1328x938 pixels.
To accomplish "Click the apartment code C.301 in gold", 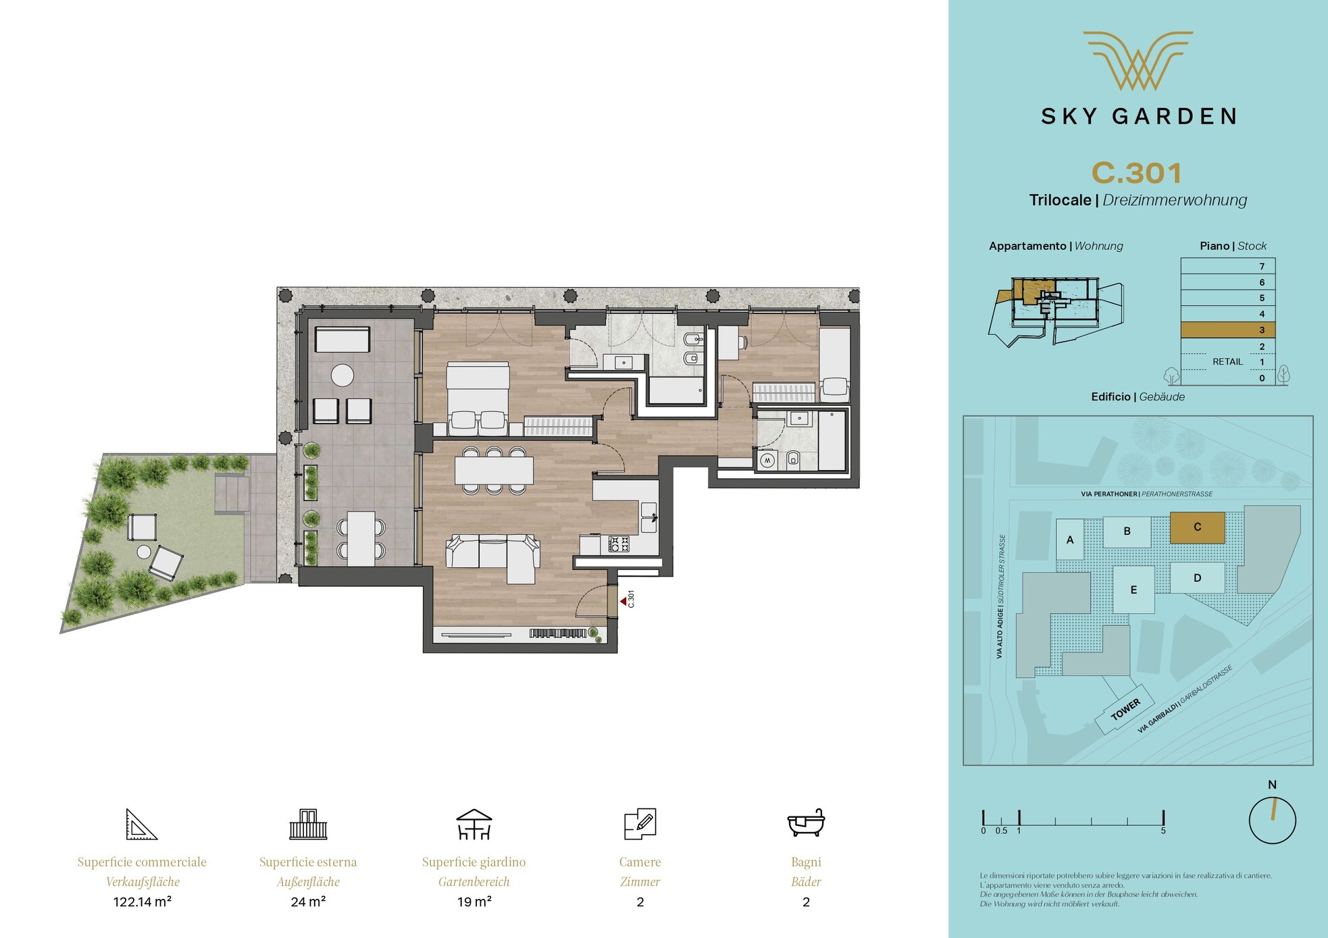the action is coord(1137,173).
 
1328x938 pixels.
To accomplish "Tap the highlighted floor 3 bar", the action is coord(1227,330).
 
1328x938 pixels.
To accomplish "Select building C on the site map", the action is coord(1197,527).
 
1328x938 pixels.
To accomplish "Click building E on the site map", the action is coord(1133,590).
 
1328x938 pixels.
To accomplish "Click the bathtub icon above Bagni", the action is coord(806,823).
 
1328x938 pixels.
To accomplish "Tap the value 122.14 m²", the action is coord(142,902).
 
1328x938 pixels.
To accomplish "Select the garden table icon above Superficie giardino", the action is coord(474,824).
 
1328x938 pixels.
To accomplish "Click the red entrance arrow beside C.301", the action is coord(623,600).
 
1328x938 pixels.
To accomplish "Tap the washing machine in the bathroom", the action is coord(767,461).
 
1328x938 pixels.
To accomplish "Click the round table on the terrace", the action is coord(342,375).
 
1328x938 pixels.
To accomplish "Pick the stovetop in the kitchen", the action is coord(619,544).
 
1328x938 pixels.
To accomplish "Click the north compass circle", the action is coord(1272,820).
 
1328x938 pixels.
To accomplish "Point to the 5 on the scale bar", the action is coord(1163,831).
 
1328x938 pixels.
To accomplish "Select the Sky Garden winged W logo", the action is coord(1138,61).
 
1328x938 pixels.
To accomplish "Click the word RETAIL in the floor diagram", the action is coord(1227,362).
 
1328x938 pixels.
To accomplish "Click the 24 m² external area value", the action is coord(308,902).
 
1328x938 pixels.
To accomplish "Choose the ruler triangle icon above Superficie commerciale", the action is coord(141,824).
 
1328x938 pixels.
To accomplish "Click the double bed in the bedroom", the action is coord(478,395).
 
